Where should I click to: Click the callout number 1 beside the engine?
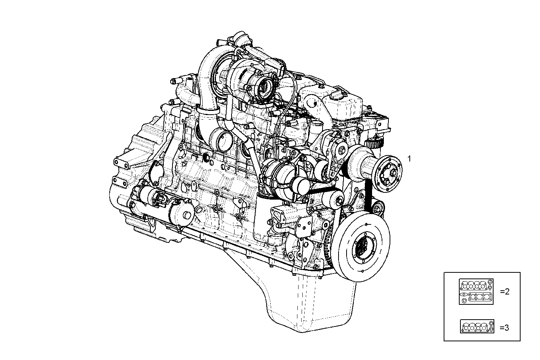409,159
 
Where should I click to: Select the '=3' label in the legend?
504,327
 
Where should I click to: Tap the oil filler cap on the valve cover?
339,95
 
